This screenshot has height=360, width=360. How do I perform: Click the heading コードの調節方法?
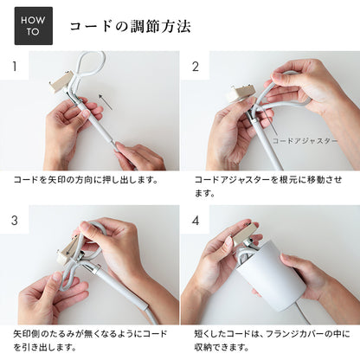click(x=130, y=27)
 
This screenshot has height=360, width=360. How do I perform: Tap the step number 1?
click(x=15, y=66)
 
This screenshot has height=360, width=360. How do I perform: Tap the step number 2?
click(x=195, y=66)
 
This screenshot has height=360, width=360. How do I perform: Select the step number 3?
click(x=15, y=220)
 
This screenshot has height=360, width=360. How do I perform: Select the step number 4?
click(x=195, y=220)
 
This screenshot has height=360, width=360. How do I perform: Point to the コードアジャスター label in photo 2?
click(x=305, y=139)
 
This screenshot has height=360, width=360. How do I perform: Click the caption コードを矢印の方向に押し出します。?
click(x=86, y=181)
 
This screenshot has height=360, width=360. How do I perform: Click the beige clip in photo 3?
click(x=67, y=252)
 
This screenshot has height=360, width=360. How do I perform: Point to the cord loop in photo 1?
click(x=89, y=67)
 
